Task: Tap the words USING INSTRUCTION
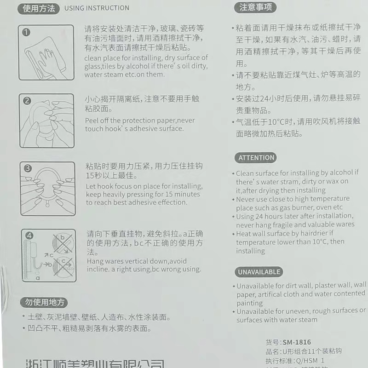coord(97,8)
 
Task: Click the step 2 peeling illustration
coord(47,121)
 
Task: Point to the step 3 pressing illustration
coord(47,189)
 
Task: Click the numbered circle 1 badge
coord(27,32)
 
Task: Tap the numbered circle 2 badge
coord(27,101)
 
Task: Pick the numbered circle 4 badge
coord(29,236)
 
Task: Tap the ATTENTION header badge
coord(256,158)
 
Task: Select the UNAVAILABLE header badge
coord(259,272)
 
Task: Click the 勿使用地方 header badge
coord(44,302)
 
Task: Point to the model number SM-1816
coord(297,342)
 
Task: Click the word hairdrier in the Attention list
coord(315,234)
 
